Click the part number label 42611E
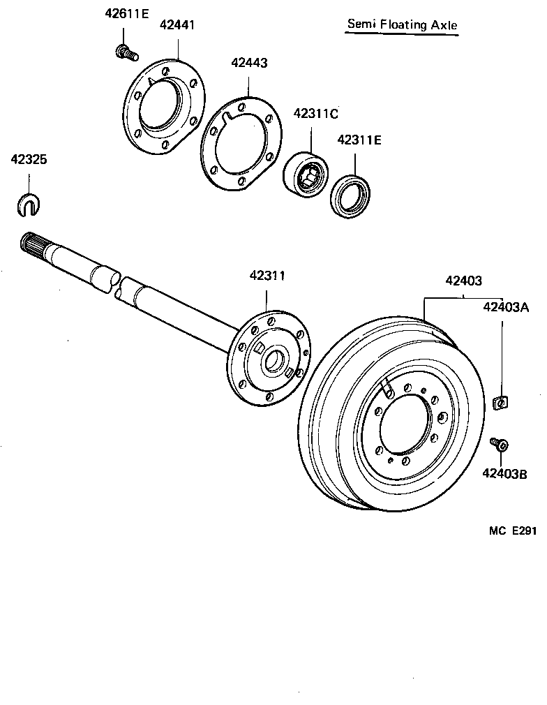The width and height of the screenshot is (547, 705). point(126,13)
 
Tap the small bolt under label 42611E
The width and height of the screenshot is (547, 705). point(126,51)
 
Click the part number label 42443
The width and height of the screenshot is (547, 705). point(249,63)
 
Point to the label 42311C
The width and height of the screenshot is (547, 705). point(315,112)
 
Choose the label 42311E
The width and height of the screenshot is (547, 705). point(359,140)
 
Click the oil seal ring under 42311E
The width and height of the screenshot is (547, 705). point(350,196)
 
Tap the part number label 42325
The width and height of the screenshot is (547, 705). point(29,160)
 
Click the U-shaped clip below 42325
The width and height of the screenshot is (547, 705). point(28,204)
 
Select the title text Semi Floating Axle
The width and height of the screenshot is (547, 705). point(403,25)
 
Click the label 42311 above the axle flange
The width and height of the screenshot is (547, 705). point(267,276)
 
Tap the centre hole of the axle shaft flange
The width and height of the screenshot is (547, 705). point(274,361)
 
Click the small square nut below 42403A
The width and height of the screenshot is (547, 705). point(500,403)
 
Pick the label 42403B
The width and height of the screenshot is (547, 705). point(504,474)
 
